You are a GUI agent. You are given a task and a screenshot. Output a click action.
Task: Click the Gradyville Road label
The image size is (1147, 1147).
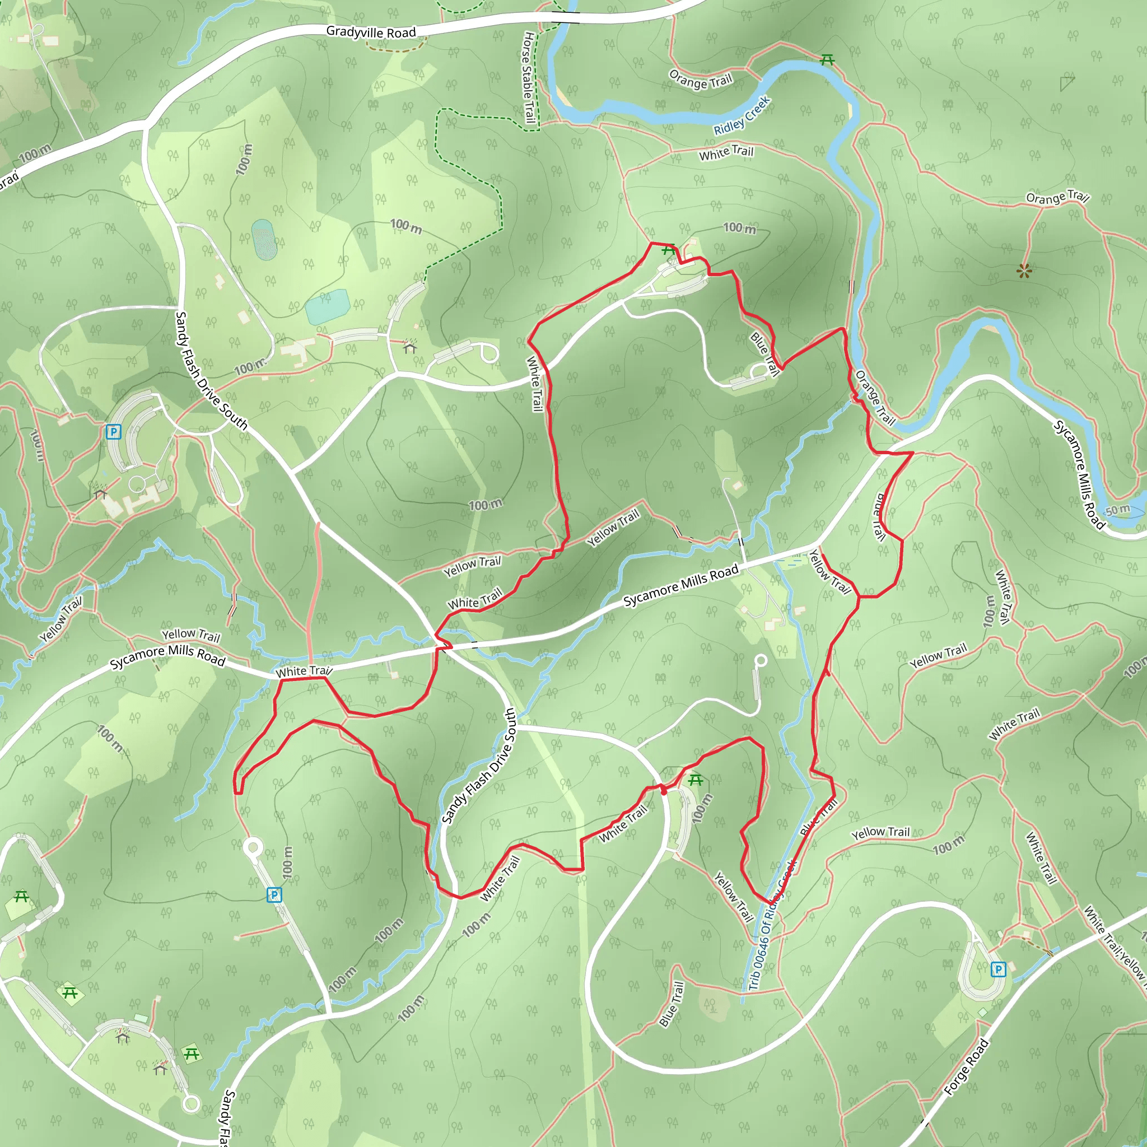click(371, 32)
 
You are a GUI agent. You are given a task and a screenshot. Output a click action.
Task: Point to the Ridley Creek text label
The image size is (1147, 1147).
click(742, 116)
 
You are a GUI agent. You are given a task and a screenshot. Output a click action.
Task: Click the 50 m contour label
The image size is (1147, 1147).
click(1117, 510)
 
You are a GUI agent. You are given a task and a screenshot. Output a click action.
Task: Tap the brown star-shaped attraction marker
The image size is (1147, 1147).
click(1024, 271)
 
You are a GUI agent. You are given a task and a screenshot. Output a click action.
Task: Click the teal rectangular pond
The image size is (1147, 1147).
click(327, 306)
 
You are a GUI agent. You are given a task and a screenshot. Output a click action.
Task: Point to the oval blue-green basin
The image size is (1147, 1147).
click(263, 239)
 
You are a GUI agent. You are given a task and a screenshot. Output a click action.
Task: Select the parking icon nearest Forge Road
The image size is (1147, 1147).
click(999, 969)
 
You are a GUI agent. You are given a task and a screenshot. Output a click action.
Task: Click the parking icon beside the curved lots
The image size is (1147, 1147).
click(113, 432)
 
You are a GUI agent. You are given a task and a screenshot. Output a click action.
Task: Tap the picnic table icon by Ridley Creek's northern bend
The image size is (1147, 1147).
click(827, 59)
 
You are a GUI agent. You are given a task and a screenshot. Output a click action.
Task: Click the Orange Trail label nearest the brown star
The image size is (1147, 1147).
click(1057, 197)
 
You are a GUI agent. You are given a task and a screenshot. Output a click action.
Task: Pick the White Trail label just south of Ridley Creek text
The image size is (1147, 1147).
click(726, 152)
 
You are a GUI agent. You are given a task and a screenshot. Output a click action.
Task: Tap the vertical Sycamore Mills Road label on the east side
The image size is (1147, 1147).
click(1079, 475)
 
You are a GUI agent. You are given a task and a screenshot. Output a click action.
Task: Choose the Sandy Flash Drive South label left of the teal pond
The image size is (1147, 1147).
click(211, 370)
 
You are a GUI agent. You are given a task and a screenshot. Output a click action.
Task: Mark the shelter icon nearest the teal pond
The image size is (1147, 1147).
click(410, 347)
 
